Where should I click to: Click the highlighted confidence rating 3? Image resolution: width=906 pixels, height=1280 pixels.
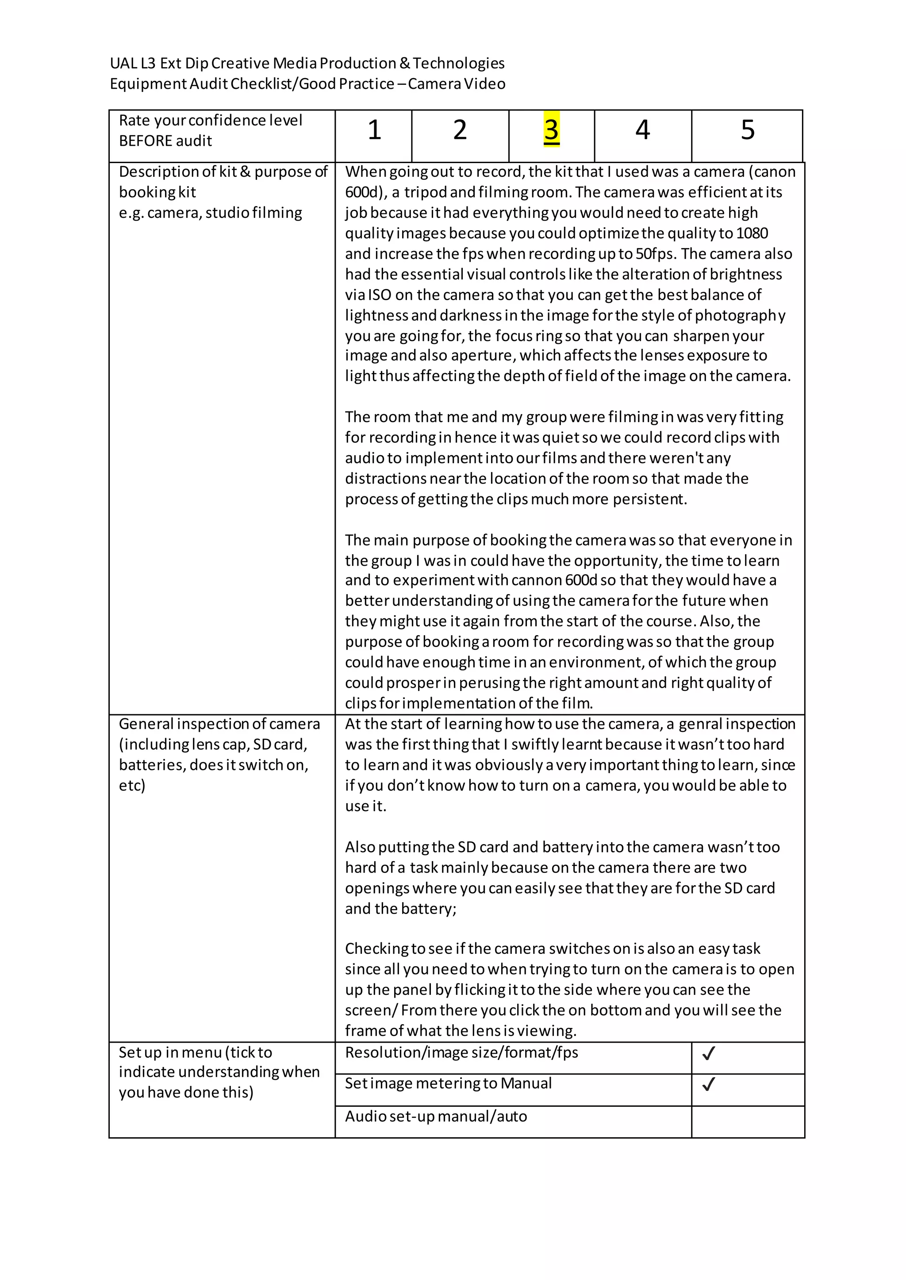[551, 130]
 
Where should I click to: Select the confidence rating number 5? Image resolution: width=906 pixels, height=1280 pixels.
[747, 130]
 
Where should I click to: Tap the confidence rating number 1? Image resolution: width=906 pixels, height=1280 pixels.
[374, 130]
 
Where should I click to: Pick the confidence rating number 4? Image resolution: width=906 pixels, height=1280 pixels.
[642, 130]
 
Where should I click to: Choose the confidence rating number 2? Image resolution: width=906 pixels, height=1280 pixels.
[460, 130]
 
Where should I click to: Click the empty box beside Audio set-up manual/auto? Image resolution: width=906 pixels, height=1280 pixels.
[747, 1122]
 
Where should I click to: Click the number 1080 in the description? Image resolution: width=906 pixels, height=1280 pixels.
[752, 233]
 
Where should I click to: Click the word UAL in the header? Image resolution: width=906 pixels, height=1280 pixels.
[123, 64]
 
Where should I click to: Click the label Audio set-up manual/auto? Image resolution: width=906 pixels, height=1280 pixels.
[436, 1116]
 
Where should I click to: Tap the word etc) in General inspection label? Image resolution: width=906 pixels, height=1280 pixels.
[132, 785]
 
